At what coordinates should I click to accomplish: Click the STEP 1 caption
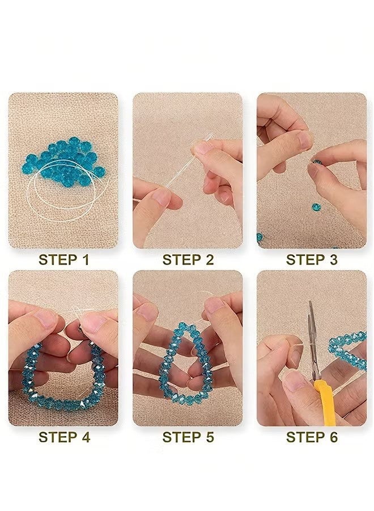(x=63, y=259)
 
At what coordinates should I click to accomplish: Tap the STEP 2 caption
(x=188, y=259)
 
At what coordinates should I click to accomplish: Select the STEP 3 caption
(x=312, y=259)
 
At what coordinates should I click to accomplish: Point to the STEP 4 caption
(x=64, y=437)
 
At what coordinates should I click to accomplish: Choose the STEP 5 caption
(x=188, y=437)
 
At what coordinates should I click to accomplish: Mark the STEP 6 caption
(x=312, y=437)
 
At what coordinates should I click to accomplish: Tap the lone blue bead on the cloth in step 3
(x=316, y=207)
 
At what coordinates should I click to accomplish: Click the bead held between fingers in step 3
(x=316, y=161)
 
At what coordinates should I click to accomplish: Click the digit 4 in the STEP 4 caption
(x=86, y=437)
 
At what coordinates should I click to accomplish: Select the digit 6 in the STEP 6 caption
(x=333, y=437)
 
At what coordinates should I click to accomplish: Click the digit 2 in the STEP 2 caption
(x=210, y=259)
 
